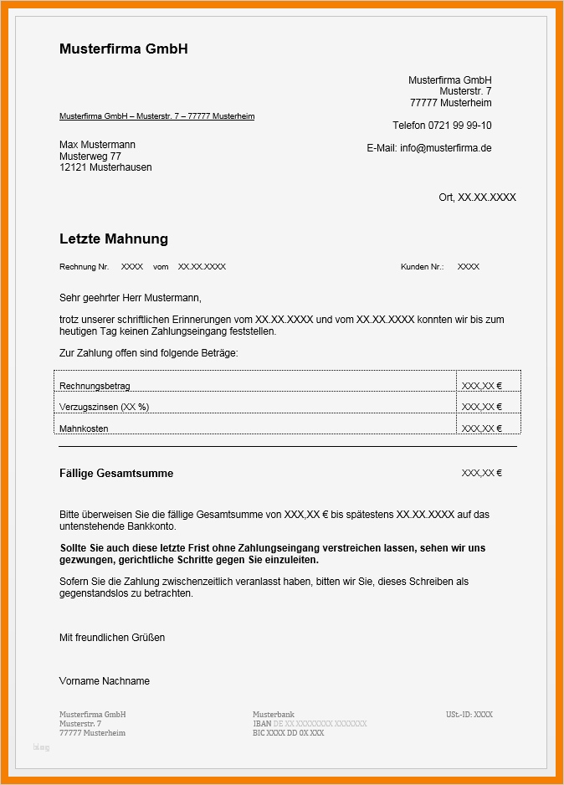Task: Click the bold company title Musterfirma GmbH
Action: tap(123, 49)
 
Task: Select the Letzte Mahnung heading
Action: tap(114, 239)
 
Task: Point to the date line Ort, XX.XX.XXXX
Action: tap(477, 198)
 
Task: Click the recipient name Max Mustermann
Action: tap(97, 145)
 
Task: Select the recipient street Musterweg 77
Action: tap(90, 156)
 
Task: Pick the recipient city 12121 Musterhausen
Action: tap(105, 167)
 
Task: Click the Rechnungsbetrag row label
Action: tap(95, 386)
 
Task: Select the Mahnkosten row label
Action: tap(84, 428)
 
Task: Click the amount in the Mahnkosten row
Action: tap(481, 428)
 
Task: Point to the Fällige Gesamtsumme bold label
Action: tap(116, 474)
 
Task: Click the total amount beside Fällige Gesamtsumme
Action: tap(481, 474)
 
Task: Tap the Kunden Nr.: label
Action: tap(423, 267)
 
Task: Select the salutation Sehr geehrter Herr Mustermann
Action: tap(131, 298)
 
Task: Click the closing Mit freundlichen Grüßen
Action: tap(112, 638)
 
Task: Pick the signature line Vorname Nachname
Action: tap(105, 681)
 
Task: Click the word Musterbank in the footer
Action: tap(274, 715)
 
